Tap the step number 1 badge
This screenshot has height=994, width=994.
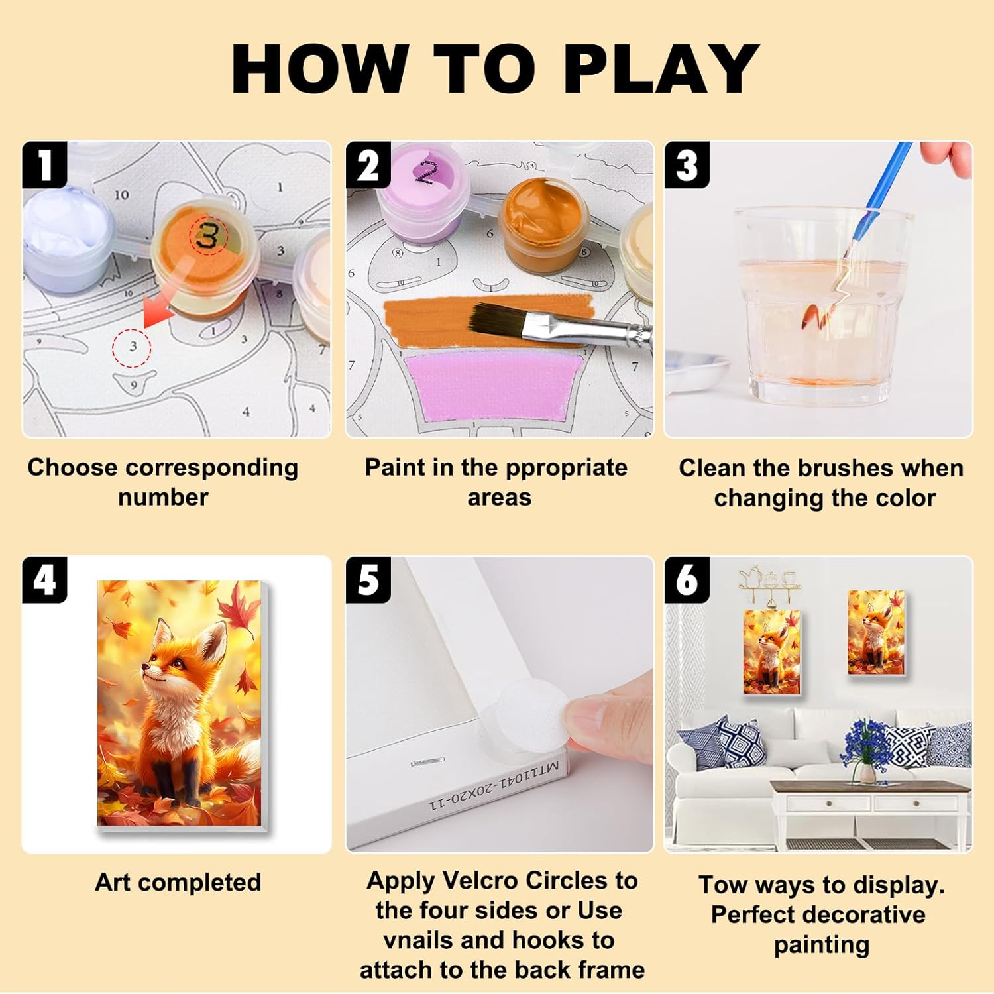(x=44, y=165)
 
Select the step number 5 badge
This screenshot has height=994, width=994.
(x=368, y=580)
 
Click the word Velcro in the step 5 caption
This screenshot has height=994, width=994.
(x=481, y=881)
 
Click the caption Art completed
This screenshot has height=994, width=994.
(x=178, y=883)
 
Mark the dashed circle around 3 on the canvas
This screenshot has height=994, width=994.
(x=133, y=346)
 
